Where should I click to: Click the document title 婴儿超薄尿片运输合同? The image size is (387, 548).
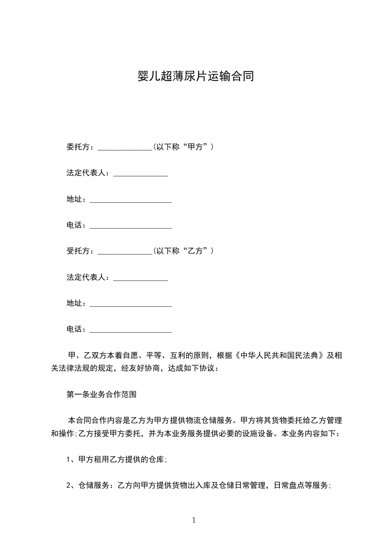[194, 77]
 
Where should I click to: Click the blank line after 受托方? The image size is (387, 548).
[125, 253]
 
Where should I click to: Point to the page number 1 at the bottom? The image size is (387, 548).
[194, 520]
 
